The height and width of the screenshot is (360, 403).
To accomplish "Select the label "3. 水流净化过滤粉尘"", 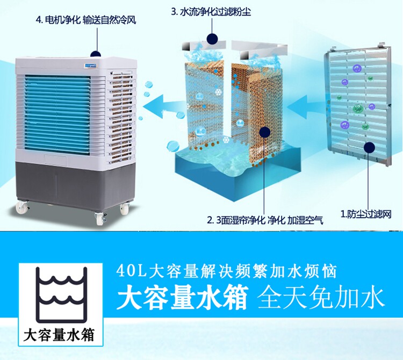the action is coord(213,11).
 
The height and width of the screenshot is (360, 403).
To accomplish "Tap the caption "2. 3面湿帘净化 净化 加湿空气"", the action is coord(265,220).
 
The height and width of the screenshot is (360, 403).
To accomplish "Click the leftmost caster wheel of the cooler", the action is coord(21,207).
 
